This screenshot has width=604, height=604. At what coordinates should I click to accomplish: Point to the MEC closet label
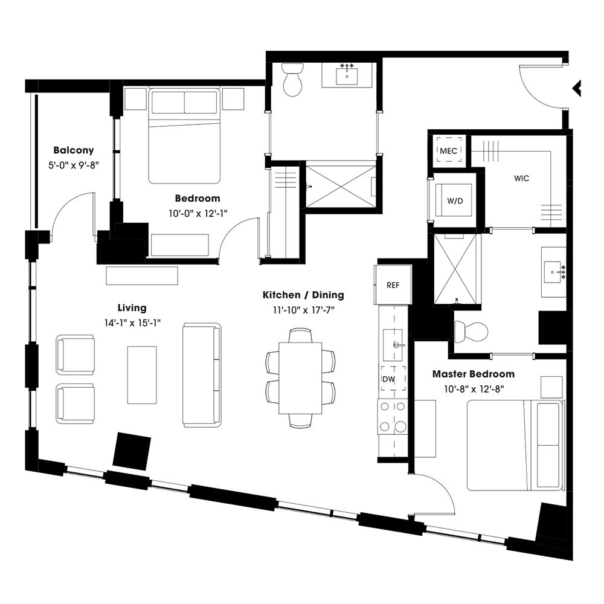point(448,150)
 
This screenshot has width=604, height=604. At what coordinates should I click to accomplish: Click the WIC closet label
point(522,179)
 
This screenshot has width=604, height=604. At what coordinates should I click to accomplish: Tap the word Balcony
point(73,150)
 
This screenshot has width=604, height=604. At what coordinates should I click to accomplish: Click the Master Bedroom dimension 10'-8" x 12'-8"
point(473,388)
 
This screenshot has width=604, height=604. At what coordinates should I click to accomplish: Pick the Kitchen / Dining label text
point(303,295)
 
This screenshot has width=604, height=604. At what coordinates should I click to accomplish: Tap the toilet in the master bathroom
point(471,331)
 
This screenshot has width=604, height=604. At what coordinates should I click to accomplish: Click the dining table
point(300,377)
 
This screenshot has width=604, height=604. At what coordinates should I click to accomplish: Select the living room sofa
point(202,374)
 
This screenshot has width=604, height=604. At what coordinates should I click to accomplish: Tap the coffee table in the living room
point(142,374)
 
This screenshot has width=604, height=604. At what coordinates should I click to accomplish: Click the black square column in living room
point(132,451)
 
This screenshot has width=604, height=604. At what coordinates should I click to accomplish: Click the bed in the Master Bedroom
point(515,446)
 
